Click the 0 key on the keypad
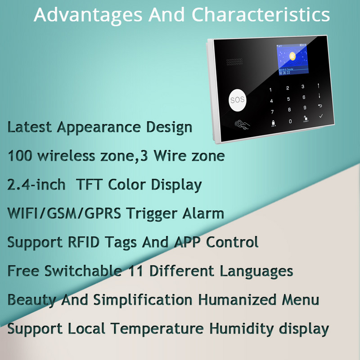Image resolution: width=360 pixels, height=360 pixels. point(290,121)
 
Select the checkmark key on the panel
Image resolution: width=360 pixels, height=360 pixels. point(321,117)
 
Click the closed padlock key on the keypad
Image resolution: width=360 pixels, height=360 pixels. point(273,122)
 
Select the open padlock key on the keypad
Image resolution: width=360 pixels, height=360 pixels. point(306,119)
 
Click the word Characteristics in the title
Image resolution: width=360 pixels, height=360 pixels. point(261,14)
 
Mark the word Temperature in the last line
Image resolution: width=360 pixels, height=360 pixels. point(160,328)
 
